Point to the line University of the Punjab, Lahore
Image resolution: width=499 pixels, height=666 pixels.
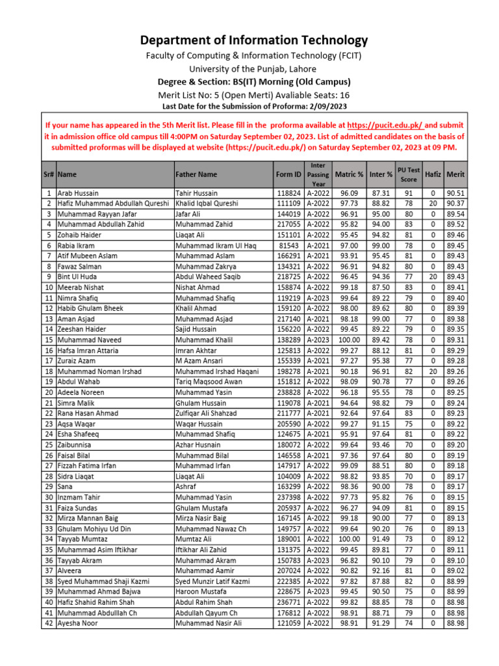253,69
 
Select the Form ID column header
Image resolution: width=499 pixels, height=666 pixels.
288,174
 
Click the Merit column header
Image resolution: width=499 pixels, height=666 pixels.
455,174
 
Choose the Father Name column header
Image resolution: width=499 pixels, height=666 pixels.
196,174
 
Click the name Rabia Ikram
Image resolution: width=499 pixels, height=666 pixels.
76,246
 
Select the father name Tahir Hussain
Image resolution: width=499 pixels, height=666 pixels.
197,193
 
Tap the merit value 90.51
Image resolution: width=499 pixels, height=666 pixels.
455,193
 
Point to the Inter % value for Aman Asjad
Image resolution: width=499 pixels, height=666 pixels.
381,319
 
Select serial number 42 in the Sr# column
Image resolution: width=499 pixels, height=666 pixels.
49,623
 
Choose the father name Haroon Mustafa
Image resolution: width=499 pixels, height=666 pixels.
201,592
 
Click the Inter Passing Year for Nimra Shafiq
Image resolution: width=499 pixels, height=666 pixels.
318,298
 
